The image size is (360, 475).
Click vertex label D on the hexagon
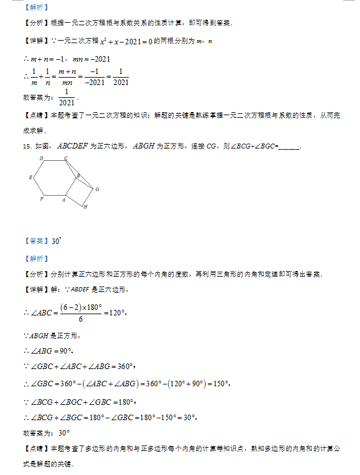41,159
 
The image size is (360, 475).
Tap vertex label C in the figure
66,159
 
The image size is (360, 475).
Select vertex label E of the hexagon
30,177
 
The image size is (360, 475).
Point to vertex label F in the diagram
41,199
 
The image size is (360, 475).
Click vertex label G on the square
97,189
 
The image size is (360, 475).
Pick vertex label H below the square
84,207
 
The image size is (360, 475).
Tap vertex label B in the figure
78,176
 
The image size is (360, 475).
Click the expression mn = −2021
91,59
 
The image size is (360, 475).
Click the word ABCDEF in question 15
72,146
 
